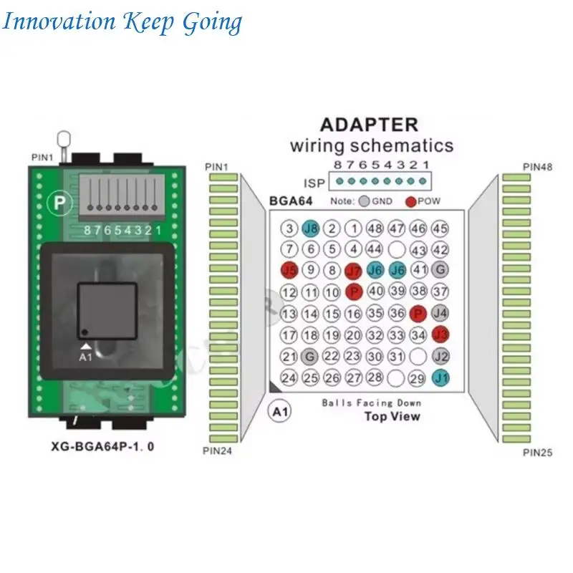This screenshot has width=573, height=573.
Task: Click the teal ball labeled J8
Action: point(310,229)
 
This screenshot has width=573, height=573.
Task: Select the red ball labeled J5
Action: point(289,271)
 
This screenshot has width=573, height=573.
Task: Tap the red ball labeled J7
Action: point(353,271)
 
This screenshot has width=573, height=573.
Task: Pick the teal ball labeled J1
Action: point(441,377)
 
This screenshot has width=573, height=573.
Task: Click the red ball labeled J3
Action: point(441,334)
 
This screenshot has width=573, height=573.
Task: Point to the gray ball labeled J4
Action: point(440,313)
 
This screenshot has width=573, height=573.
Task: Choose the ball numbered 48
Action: point(375,229)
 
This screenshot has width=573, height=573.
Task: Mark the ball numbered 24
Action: point(289,377)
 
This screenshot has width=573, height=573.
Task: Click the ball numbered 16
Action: point(353,313)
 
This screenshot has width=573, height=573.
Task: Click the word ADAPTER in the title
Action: point(368,124)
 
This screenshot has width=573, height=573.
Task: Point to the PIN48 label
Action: point(537,167)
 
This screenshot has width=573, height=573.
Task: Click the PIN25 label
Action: point(537,452)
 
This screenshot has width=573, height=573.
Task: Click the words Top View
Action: point(392,416)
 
